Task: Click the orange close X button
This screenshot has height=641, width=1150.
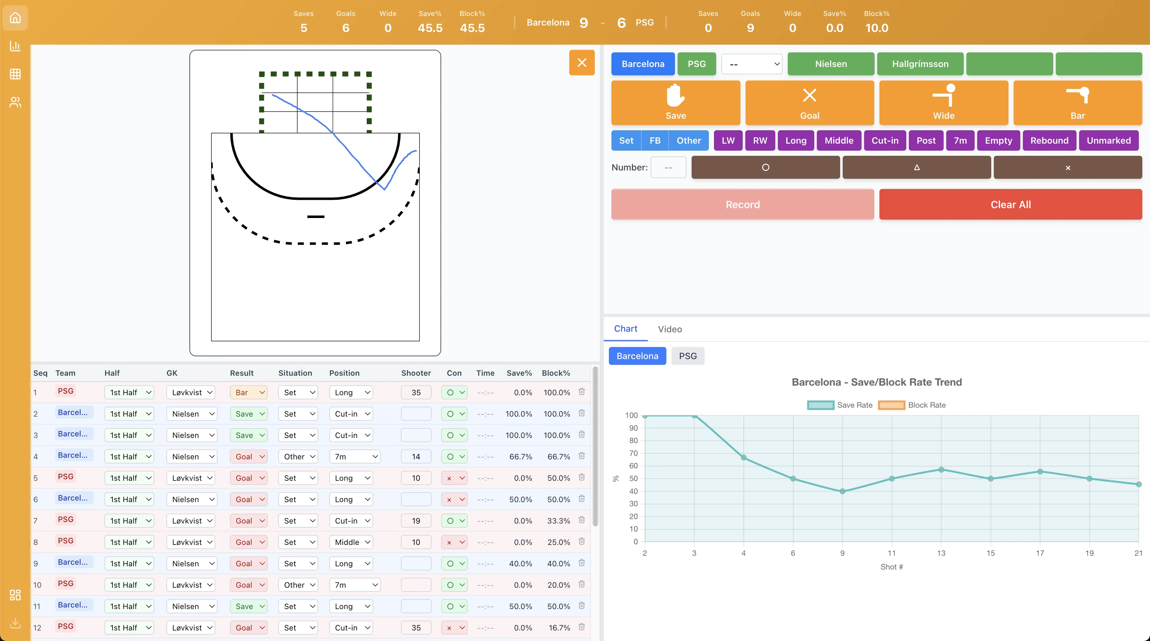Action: [581, 63]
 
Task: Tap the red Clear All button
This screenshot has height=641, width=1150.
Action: [1010, 204]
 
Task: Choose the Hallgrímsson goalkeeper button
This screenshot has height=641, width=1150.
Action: [920, 64]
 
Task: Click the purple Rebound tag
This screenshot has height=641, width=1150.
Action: [1049, 140]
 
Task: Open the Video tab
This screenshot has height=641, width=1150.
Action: [670, 329]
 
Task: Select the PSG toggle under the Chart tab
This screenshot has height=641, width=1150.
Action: [687, 356]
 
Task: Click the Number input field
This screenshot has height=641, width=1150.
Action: [668, 168]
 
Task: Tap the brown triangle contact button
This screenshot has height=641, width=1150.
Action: [916, 168]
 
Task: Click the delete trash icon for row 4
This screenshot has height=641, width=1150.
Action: [581, 456]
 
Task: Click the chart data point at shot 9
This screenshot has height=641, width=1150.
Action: [842, 491]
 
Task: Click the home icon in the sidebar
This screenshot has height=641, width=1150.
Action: [15, 18]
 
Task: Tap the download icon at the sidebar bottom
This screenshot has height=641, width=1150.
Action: [15, 623]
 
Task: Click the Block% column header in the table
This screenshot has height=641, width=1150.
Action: [556, 373]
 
